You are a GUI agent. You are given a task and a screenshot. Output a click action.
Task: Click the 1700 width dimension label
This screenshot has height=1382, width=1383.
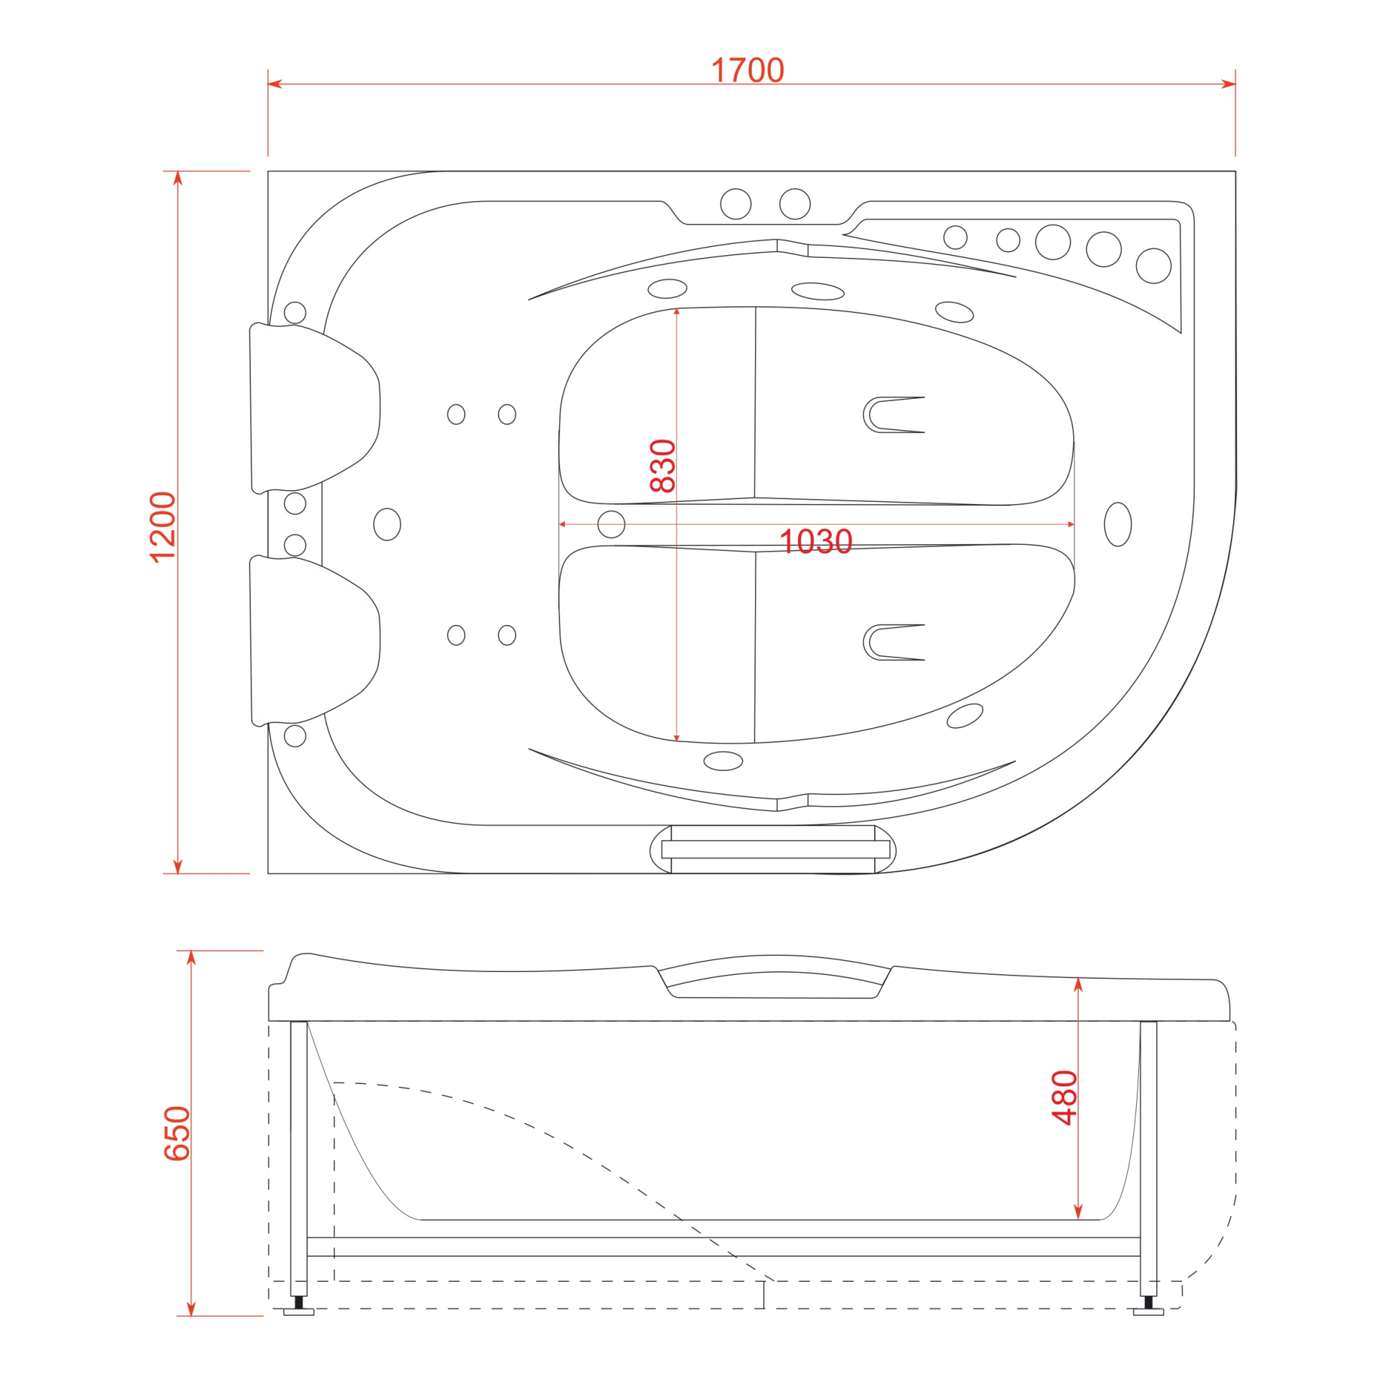[x=748, y=71]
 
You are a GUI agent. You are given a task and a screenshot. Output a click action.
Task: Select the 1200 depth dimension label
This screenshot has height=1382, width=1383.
[x=163, y=527]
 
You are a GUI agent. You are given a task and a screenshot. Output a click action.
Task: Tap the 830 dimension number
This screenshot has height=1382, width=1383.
[x=663, y=466]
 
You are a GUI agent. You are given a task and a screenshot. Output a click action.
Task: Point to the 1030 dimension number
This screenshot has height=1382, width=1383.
[x=815, y=542]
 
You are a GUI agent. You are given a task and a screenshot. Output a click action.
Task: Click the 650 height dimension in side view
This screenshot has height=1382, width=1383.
[x=177, y=1133]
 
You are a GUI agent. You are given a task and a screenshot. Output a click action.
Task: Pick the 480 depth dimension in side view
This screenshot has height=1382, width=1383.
[x=1064, y=1098]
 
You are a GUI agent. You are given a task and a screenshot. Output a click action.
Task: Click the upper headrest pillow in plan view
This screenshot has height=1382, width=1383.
[x=315, y=409]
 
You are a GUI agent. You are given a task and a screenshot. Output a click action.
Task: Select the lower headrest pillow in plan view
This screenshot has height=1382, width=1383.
[x=315, y=642]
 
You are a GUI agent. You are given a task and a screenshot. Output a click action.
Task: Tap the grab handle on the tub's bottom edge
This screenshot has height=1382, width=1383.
[x=774, y=850]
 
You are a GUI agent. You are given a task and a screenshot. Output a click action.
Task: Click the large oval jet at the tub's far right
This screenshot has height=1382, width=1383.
[x=1117, y=525]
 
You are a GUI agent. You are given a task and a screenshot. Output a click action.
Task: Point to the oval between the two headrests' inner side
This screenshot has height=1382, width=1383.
[x=387, y=525]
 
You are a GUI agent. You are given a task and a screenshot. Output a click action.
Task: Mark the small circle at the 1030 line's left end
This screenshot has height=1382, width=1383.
[x=611, y=525]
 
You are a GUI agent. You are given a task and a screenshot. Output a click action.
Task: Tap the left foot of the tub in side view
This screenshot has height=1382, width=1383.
[x=299, y=1309]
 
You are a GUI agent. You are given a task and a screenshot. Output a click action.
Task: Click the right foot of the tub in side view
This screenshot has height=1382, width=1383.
[x=1148, y=1309]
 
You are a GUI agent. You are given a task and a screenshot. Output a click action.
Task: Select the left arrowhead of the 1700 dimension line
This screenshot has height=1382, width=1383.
[x=274, y=84]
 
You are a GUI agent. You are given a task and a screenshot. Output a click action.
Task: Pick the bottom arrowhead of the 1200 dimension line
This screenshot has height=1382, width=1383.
[x=178, y=866]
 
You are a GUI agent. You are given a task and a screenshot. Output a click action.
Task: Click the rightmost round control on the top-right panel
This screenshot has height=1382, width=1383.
[x=1153, y=265]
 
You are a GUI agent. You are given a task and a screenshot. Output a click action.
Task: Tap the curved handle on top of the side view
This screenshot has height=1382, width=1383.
[x=774, y=975]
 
